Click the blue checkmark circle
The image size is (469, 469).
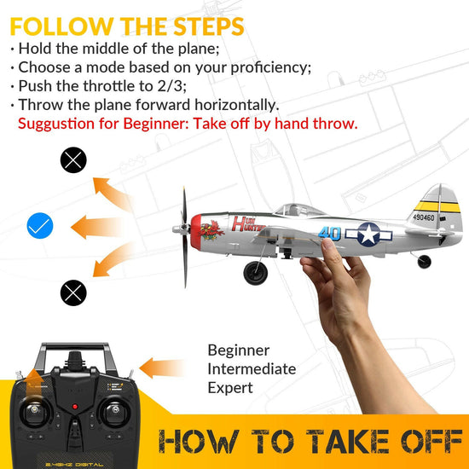(x=40, y=226)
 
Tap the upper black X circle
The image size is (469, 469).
(x=73, y=159)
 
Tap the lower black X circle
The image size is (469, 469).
(x=73, y=292)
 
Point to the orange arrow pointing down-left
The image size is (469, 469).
(x=110, y=265)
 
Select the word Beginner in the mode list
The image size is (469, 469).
(x=239, y=350)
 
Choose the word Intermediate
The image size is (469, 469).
(x=252, y=369)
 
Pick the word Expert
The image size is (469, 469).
(x=230, y=388)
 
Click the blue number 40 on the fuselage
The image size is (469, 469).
(x=330, y=233)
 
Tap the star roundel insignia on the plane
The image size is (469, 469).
(x=368, y=233)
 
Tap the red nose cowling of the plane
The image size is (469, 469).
(x=197, y=227)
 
